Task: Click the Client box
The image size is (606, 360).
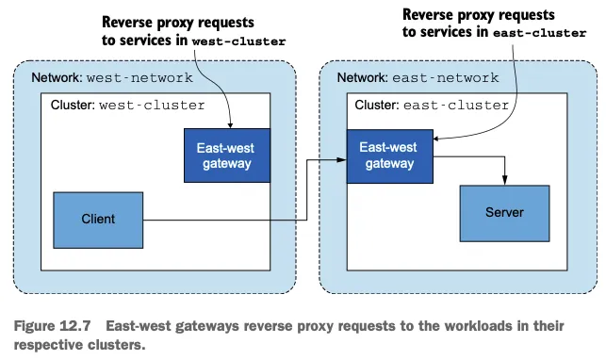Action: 98,220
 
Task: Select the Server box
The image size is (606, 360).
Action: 504,213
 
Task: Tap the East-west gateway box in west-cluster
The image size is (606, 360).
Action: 227,155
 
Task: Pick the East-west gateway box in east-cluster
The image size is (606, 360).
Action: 389,156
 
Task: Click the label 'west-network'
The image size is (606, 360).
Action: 139,77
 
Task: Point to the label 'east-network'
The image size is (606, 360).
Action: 446,77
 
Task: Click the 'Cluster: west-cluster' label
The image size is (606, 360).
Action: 127,105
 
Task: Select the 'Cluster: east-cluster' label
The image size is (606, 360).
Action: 432,105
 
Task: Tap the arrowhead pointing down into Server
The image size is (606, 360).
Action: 504,180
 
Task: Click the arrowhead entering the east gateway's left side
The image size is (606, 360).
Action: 342,159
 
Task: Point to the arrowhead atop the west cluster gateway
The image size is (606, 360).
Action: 230,125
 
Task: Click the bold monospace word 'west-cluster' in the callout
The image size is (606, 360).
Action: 238,41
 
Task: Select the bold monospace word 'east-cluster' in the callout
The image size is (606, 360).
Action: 539,33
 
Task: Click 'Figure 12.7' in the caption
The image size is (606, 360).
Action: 52,326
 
